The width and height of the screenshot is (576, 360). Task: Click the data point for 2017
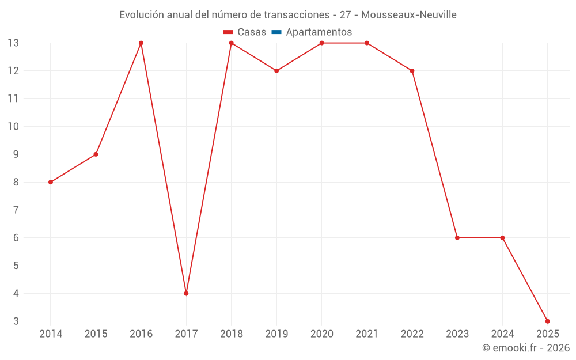point(186,293)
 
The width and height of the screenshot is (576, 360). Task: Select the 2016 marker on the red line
point(141,43)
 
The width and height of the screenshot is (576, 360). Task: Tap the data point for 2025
point(547,321)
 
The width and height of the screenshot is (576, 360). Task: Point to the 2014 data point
point(51,182)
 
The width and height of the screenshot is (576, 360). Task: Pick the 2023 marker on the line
point(457,238)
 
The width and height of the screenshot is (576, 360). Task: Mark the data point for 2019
point(276,71)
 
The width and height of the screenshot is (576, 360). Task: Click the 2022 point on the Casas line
point(412,71)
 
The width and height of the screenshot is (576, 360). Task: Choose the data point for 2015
point(96,154)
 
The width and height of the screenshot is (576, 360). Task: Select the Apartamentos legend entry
point(319,32)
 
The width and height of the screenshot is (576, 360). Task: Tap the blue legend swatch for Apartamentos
point(276,32)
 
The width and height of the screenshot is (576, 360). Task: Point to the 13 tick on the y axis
point(13,43)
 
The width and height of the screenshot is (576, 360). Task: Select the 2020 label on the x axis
point(321,334)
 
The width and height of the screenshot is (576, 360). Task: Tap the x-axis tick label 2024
point(502,334)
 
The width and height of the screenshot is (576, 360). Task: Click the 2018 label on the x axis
point(232,334)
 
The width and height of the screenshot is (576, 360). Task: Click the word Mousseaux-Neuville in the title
point(409,15)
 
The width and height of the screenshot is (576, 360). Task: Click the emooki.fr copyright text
point(526,348)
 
